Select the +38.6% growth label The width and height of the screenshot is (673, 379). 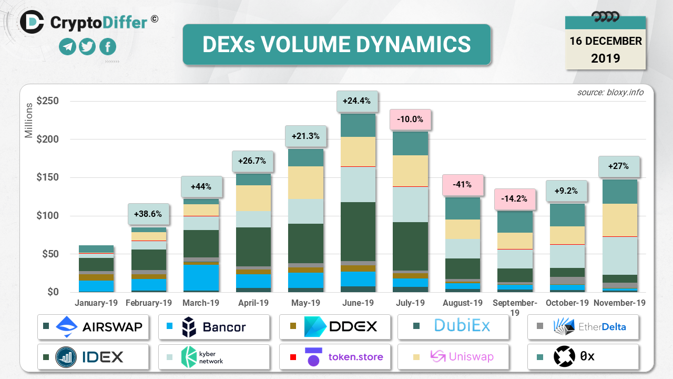tap(149, 214)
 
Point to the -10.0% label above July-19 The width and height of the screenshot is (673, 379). tap(410, 119)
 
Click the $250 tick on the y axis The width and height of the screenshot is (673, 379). tap(47, 101)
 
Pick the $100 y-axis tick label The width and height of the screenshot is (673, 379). tap(47, 216)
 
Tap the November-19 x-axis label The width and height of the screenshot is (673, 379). tap(619, 303)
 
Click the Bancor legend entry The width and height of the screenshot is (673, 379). tap(214, 327)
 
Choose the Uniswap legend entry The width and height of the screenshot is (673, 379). tap(453, 357)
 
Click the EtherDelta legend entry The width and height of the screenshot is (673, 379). tap(584, 327)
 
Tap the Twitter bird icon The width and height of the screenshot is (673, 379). tap(87, 47)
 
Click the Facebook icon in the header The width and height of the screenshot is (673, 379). tap(108, 47)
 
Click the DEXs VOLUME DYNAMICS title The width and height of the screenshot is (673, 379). tap(336, 45)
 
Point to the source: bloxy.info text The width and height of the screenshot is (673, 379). tap(610, 92)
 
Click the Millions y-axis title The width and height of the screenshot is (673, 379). tap(29, 121)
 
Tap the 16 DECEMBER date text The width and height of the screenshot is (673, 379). tap(605, 41)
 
